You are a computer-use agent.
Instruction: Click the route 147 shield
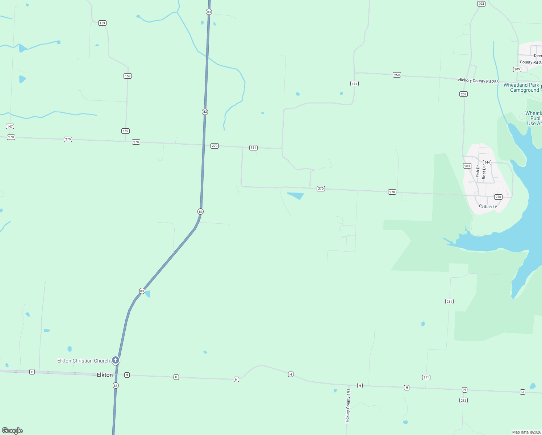10,127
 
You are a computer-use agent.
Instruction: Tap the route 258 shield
397,75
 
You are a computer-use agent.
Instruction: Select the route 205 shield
517,69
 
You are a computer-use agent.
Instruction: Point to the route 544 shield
487,162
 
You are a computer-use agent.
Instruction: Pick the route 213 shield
463,400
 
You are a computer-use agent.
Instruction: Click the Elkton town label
105,375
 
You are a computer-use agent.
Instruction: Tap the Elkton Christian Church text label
83,361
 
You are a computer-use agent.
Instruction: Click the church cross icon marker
116,360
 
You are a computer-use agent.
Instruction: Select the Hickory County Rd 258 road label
478,81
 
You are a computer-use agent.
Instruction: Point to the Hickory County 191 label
348,406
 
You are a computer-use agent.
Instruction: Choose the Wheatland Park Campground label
521,87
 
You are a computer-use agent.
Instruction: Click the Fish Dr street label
478,171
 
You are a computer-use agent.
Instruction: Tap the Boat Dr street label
484,172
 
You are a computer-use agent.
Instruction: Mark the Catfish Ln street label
488,206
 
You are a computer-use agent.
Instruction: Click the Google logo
12,430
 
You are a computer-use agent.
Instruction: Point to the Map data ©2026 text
526,432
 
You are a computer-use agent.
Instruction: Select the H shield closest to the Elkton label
127,375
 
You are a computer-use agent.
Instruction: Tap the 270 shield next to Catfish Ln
498,197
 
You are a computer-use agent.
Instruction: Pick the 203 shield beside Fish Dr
467,166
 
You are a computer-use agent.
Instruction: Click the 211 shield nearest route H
426,377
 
